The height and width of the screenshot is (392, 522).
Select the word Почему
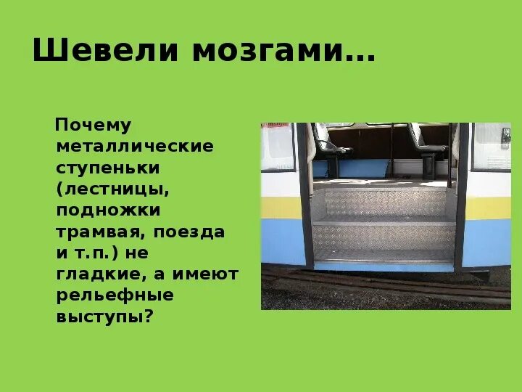pos(94,126)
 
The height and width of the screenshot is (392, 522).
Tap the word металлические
pos(135,147)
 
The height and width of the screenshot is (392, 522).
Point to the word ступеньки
pos(108,168)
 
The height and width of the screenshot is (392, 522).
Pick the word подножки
pos(108,211)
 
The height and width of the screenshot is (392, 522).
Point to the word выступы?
pos(105,317)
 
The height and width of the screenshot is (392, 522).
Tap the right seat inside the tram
pos(428,142)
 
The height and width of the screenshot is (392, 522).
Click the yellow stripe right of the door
pos(487,208)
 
